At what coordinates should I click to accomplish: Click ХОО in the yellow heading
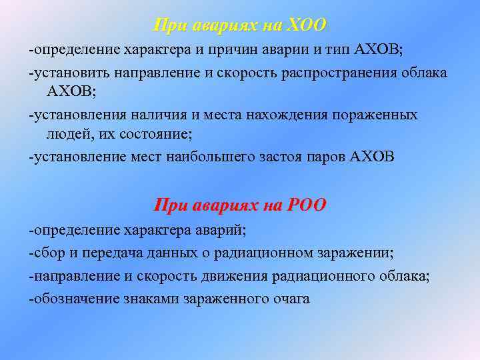click(x=305, y=25)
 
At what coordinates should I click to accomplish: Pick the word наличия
click(x=150, y=115)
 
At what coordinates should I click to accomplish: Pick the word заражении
click(x=357, y=253)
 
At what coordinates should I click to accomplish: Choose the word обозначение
click(x=75, y=299)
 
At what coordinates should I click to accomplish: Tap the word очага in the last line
click(x=291, y=299)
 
